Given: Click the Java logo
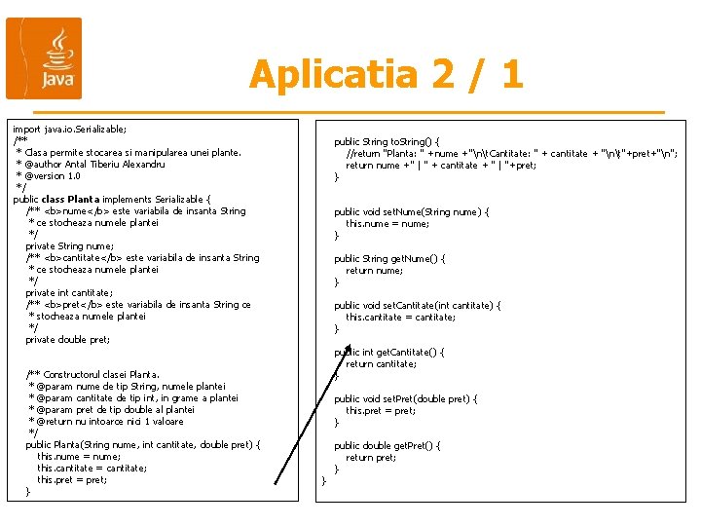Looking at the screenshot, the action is pyautogui.click(x=44, y=58).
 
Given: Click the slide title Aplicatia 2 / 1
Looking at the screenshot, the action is pyautogui.click(x=386, y=74).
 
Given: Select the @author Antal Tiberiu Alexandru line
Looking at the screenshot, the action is pyautogui.click(x=91, y=164).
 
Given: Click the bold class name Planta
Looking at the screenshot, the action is pyautogui.click(x=84, y=199).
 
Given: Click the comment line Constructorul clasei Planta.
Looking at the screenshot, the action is pyautogui.click(x=92, y=374).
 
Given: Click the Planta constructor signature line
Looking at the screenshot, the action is pyautogui.click(x=142, y=444).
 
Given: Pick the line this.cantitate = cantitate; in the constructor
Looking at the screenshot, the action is pyautogui.click(x=92, y=468).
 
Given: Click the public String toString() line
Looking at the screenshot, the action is pyautogui.click(x=387, y=141).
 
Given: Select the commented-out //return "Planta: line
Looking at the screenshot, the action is pyautogui.click(x=511, y=153).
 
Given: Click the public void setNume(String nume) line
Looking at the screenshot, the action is pyautogui.click(x=411, y=211).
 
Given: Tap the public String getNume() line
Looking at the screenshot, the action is pyautogui.click(x=389, y=258).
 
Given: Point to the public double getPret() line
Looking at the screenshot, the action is pyautogui.click(x=387, y=445).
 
